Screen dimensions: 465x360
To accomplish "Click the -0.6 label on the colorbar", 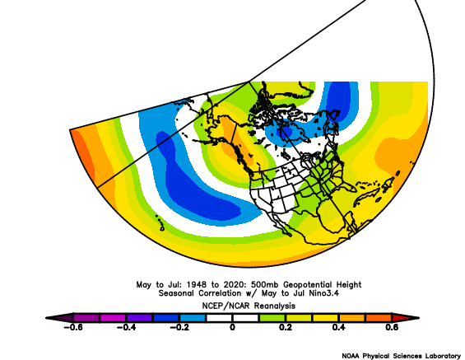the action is (x=73, y=327).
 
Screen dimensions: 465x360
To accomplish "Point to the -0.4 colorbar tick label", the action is (x=126, y=327).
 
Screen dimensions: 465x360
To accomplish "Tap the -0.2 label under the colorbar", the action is (x=179, y=327).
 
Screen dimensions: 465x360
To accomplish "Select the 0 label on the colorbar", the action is (x=232, y=327).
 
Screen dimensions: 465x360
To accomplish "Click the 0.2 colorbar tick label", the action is (x=286, y=327).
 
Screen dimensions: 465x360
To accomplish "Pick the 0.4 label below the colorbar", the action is (x=338, y=327).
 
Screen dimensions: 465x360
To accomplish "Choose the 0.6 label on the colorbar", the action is (x=392, y=327).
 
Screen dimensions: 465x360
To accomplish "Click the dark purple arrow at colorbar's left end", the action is (x=59, y=318).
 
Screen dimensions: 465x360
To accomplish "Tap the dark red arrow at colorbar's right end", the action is (x=406, y=318).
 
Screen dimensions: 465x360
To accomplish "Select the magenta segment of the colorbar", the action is (x=113, y=318).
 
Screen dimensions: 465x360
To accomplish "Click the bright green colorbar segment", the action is (x=272, y=318).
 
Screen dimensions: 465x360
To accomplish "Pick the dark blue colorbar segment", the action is (x=165, y=318).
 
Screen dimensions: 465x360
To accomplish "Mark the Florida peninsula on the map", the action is (x=349, y=187).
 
